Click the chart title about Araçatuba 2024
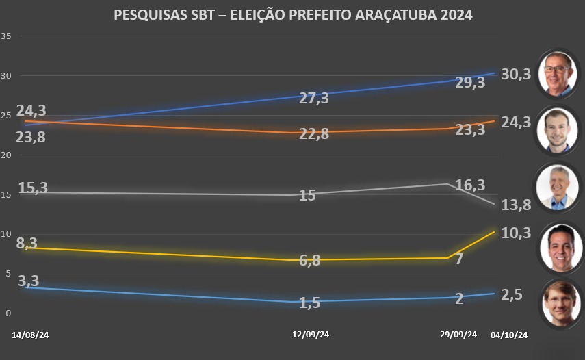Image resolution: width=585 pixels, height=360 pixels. point(292,14)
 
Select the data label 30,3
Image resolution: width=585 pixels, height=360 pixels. point(517,75)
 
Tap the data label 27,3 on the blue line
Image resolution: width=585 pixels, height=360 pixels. point(314,99)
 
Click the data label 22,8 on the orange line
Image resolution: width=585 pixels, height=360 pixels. point(314,134)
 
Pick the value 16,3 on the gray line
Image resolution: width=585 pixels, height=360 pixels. point(470,185)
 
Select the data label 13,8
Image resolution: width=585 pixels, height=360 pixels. point(517,203)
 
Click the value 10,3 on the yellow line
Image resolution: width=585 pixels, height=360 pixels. point(517,233)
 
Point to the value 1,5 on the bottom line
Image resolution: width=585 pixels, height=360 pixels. point(310,303)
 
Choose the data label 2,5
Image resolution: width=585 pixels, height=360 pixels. point(512,296)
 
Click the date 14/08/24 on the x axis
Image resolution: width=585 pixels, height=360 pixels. point(31,335)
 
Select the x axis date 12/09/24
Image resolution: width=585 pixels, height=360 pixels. point(311,335)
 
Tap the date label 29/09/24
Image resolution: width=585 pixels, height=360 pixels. point(458,335)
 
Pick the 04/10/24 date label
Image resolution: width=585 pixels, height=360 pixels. point(509,335)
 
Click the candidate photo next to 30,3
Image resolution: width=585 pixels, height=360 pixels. point(557,72)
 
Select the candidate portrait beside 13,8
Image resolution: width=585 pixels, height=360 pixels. point(557,187)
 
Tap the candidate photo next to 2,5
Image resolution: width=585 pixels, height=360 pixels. point(557,303)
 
